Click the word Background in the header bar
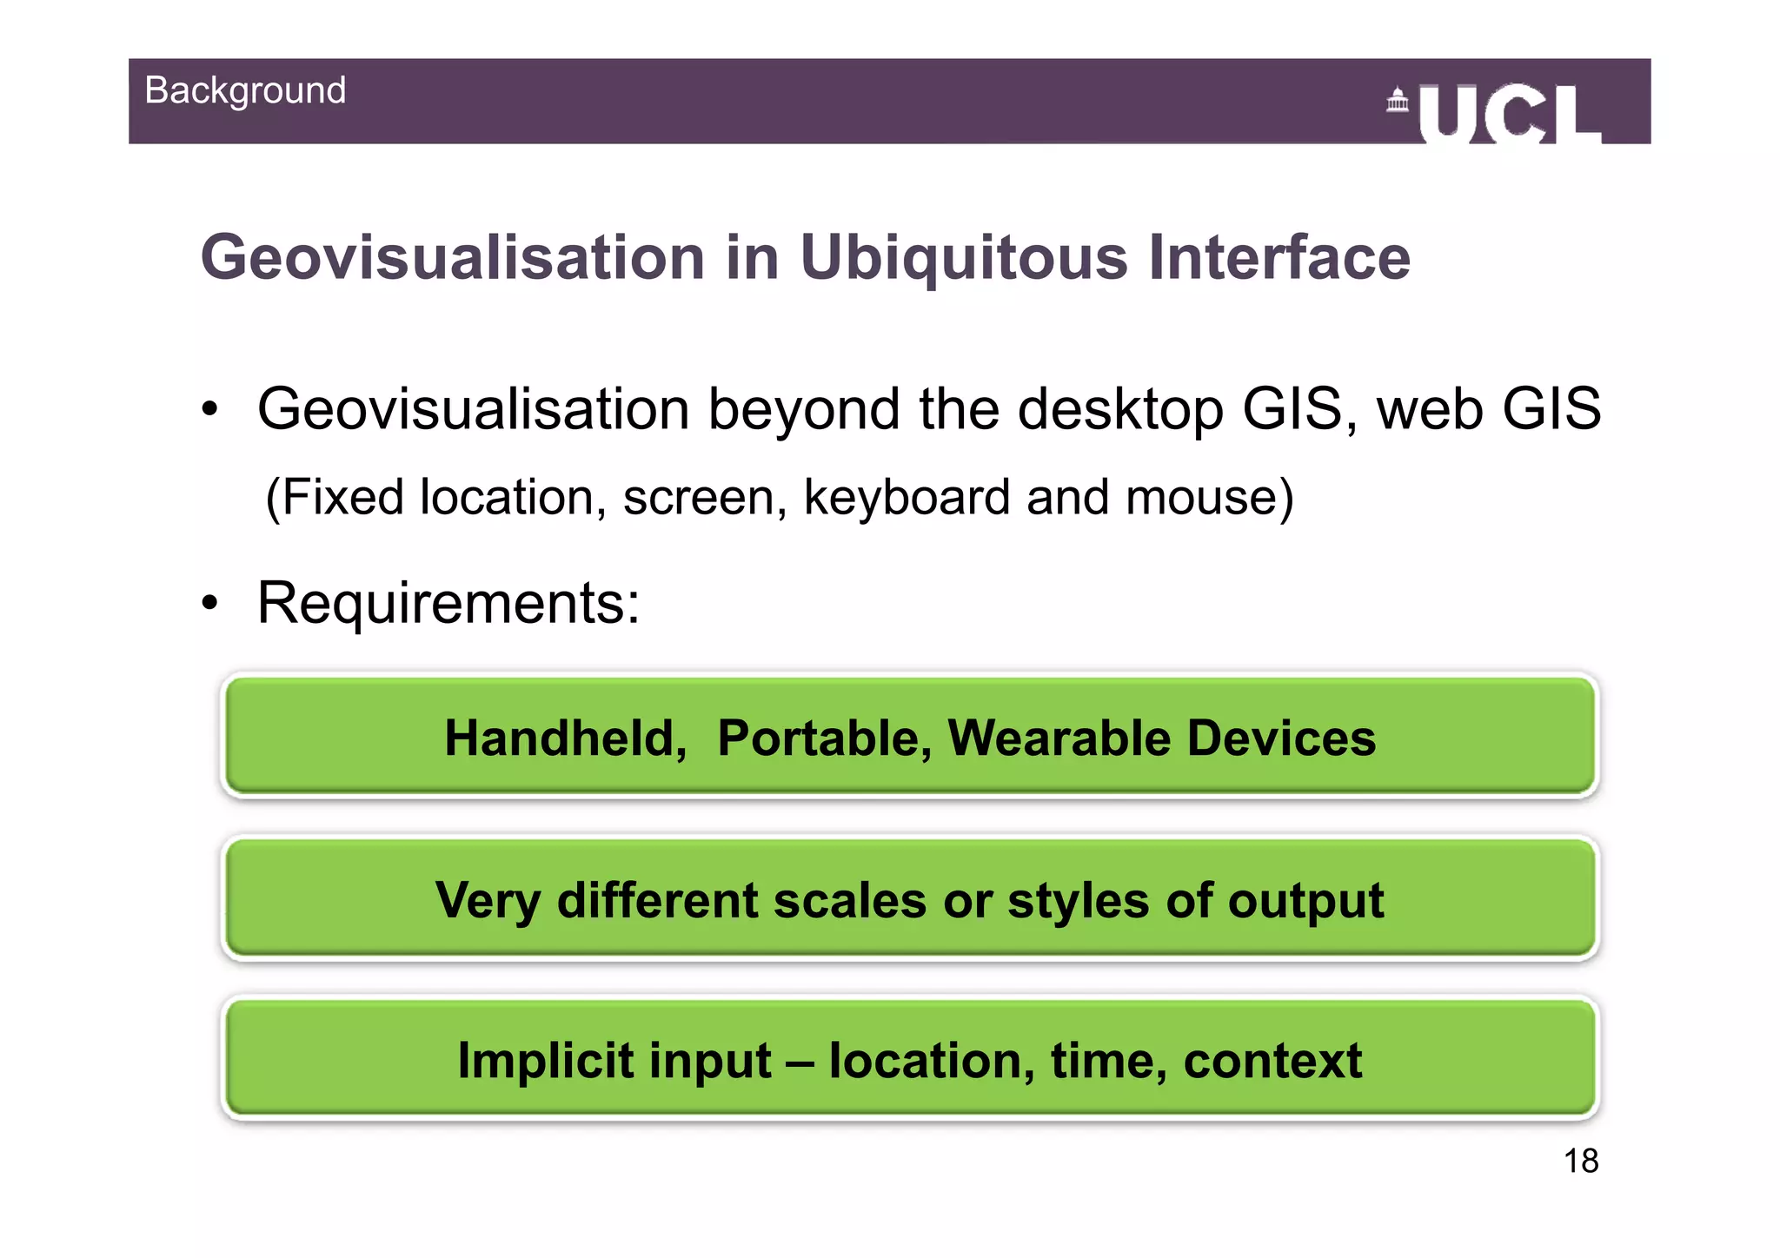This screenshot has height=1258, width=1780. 245,90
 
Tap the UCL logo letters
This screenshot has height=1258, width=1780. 1510,115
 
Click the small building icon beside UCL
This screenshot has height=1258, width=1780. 1397,101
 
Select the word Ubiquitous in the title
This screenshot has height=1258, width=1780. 963,258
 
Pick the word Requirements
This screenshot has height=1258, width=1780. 448,603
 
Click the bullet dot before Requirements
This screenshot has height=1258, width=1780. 209,603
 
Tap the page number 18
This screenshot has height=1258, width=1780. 1580,1161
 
